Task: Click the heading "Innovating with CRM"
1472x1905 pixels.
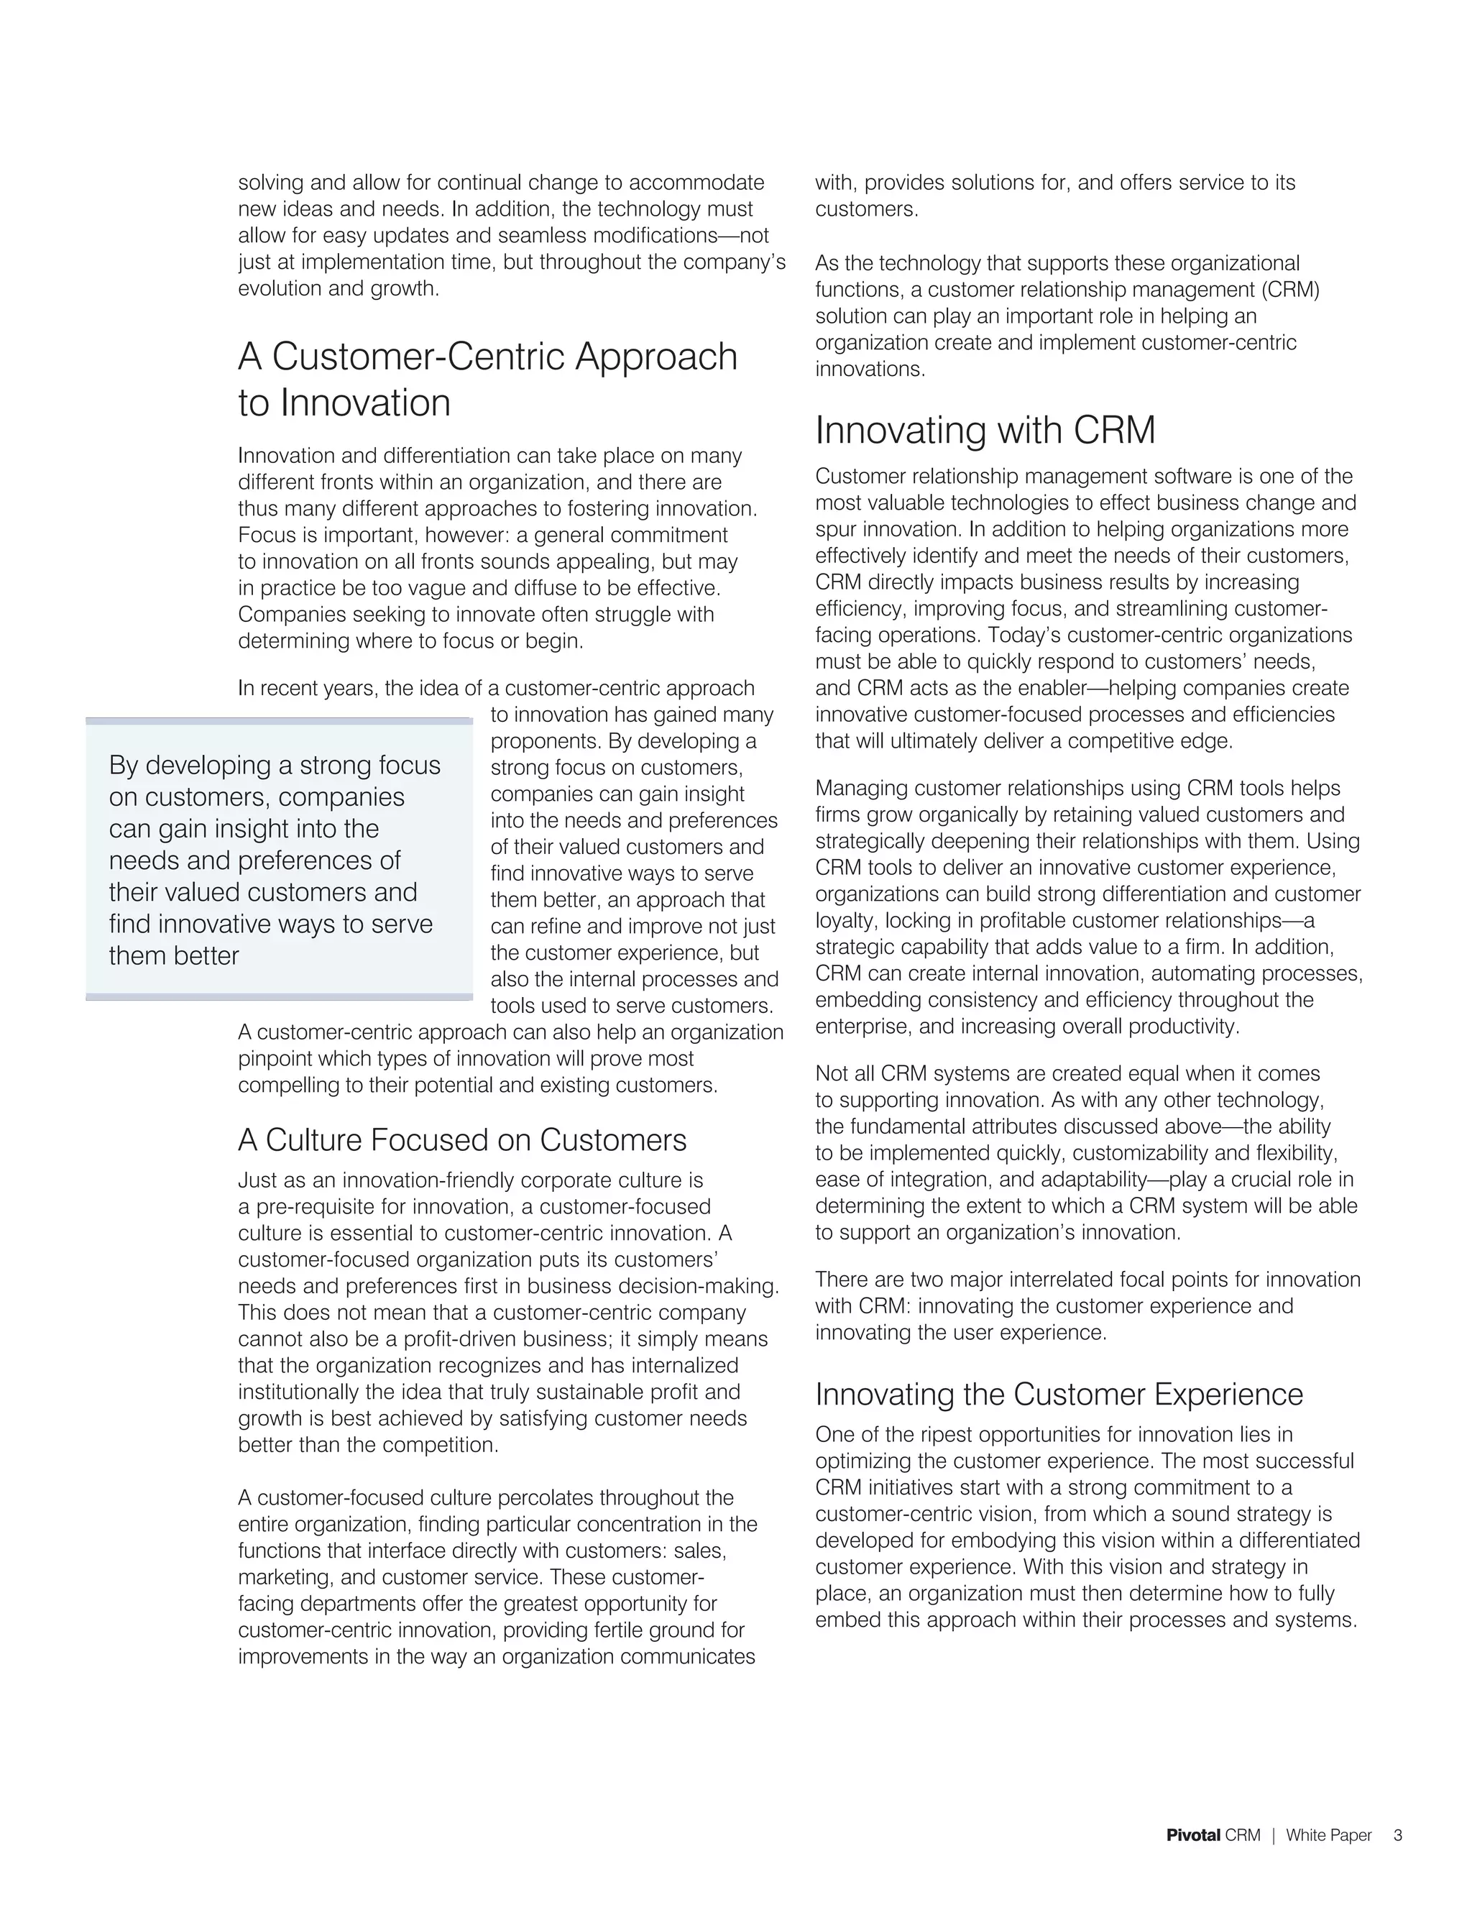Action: (x=985, y=431)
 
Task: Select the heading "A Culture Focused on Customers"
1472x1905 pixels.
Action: (x=462, y=1140)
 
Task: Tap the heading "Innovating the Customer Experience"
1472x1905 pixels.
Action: (x=1059, y=1394)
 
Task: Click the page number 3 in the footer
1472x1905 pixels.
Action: (x=1398, y=1835)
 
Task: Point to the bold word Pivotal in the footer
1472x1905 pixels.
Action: (x=1193, y=1835)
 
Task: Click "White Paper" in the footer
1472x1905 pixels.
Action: (x=1328, y=1835)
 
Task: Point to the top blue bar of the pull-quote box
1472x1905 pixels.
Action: (x=279, y=721)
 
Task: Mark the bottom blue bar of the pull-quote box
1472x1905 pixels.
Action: (x=279, y=996)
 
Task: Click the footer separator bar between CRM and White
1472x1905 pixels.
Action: (x=1273, y=1835)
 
